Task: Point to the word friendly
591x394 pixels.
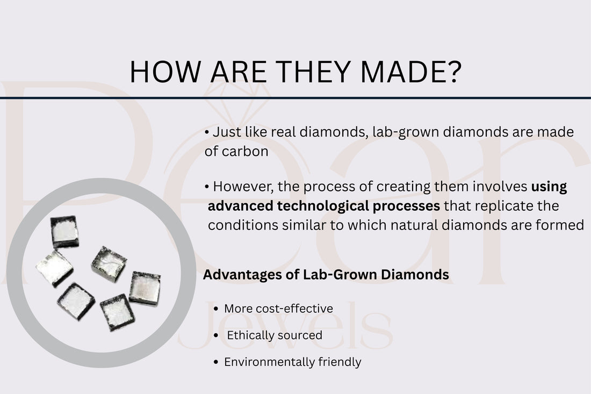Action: click(341, 362)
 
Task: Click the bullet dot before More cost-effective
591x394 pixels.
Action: click(215, 309)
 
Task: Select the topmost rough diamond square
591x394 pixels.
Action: click(64, 231)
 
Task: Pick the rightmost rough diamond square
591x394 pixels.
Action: click(145, 288)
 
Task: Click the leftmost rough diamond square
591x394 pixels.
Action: click(54, 267)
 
